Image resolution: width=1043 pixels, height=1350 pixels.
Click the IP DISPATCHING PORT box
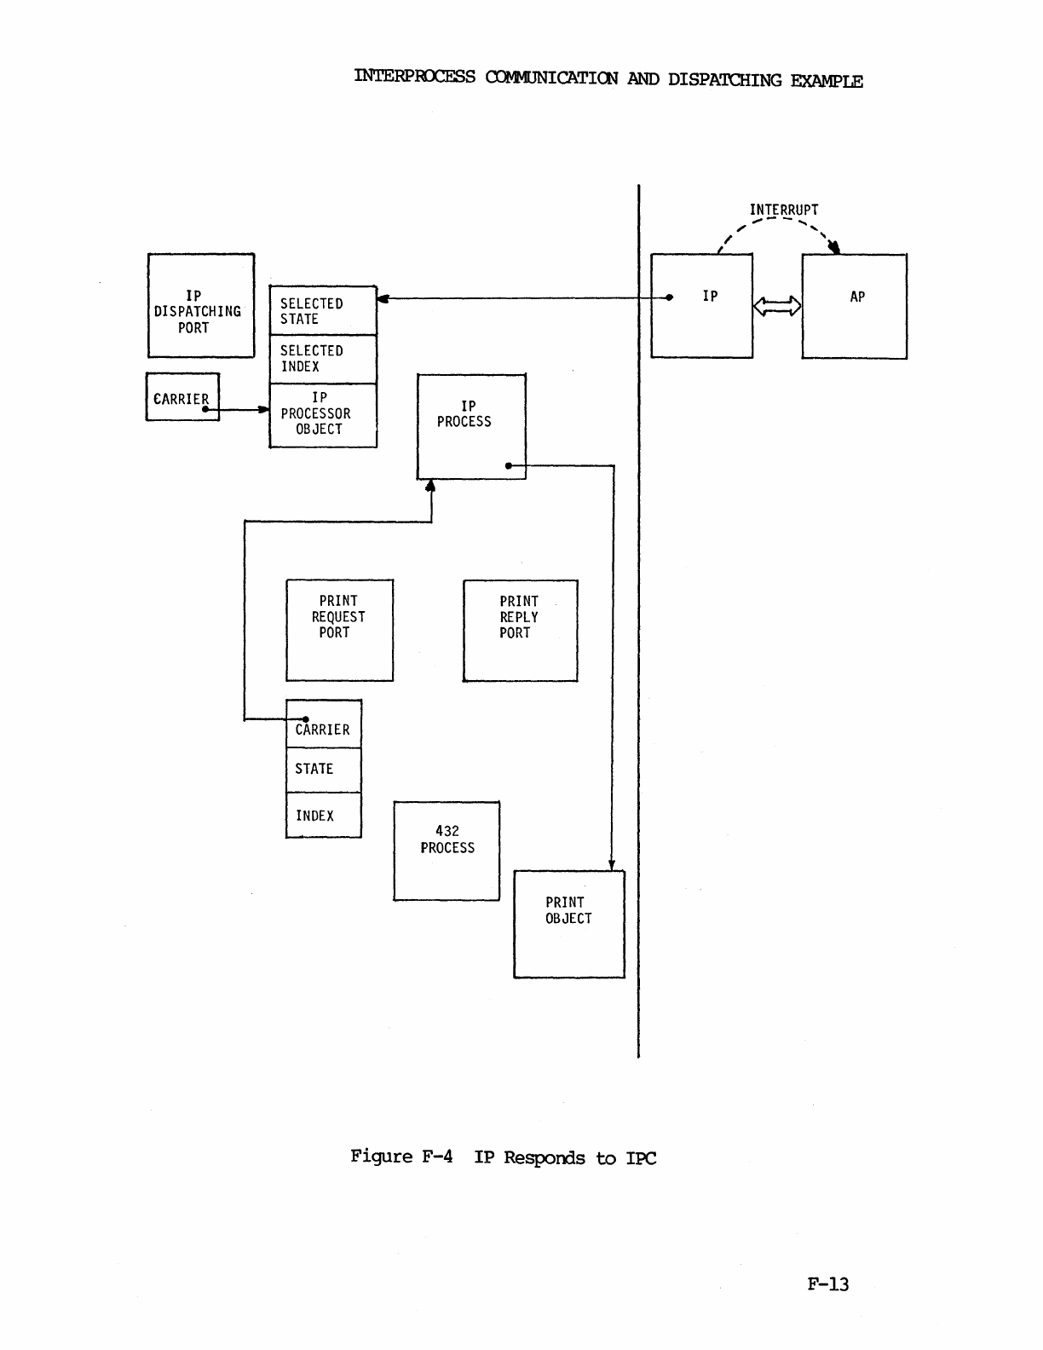[201, 305]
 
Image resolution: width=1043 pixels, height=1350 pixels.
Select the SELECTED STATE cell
[323, 311]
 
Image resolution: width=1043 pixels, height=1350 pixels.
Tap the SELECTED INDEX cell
[323, 359]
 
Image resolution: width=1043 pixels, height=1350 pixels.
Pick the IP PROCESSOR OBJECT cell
[323, 415]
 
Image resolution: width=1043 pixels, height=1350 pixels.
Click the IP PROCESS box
[471, 426]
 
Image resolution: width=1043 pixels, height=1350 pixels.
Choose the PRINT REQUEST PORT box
[339, 630]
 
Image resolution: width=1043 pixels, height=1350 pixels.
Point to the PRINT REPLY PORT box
[520, 631]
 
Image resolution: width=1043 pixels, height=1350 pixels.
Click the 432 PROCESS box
[447, 851]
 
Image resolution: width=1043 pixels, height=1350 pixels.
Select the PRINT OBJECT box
[568, 924]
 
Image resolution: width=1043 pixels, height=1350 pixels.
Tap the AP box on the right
[854, 306]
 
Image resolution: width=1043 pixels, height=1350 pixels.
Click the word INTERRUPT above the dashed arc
[784, 210]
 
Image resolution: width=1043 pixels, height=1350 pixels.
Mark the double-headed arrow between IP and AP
[777, 306]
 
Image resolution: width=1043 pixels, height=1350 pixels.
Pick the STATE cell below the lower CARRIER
[323, 770]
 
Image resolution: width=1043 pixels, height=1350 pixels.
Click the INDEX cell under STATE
[323, 816]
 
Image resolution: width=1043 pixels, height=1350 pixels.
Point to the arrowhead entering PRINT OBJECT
[612, 865]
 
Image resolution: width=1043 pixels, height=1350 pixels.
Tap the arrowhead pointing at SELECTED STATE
[383, 298]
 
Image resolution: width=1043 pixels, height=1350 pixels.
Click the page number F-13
[827, 1284]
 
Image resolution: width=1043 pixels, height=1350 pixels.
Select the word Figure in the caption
[381, 1157]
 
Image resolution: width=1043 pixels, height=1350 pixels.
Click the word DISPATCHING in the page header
[724, 80]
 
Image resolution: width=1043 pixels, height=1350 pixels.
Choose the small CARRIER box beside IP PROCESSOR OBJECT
[182, 397]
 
